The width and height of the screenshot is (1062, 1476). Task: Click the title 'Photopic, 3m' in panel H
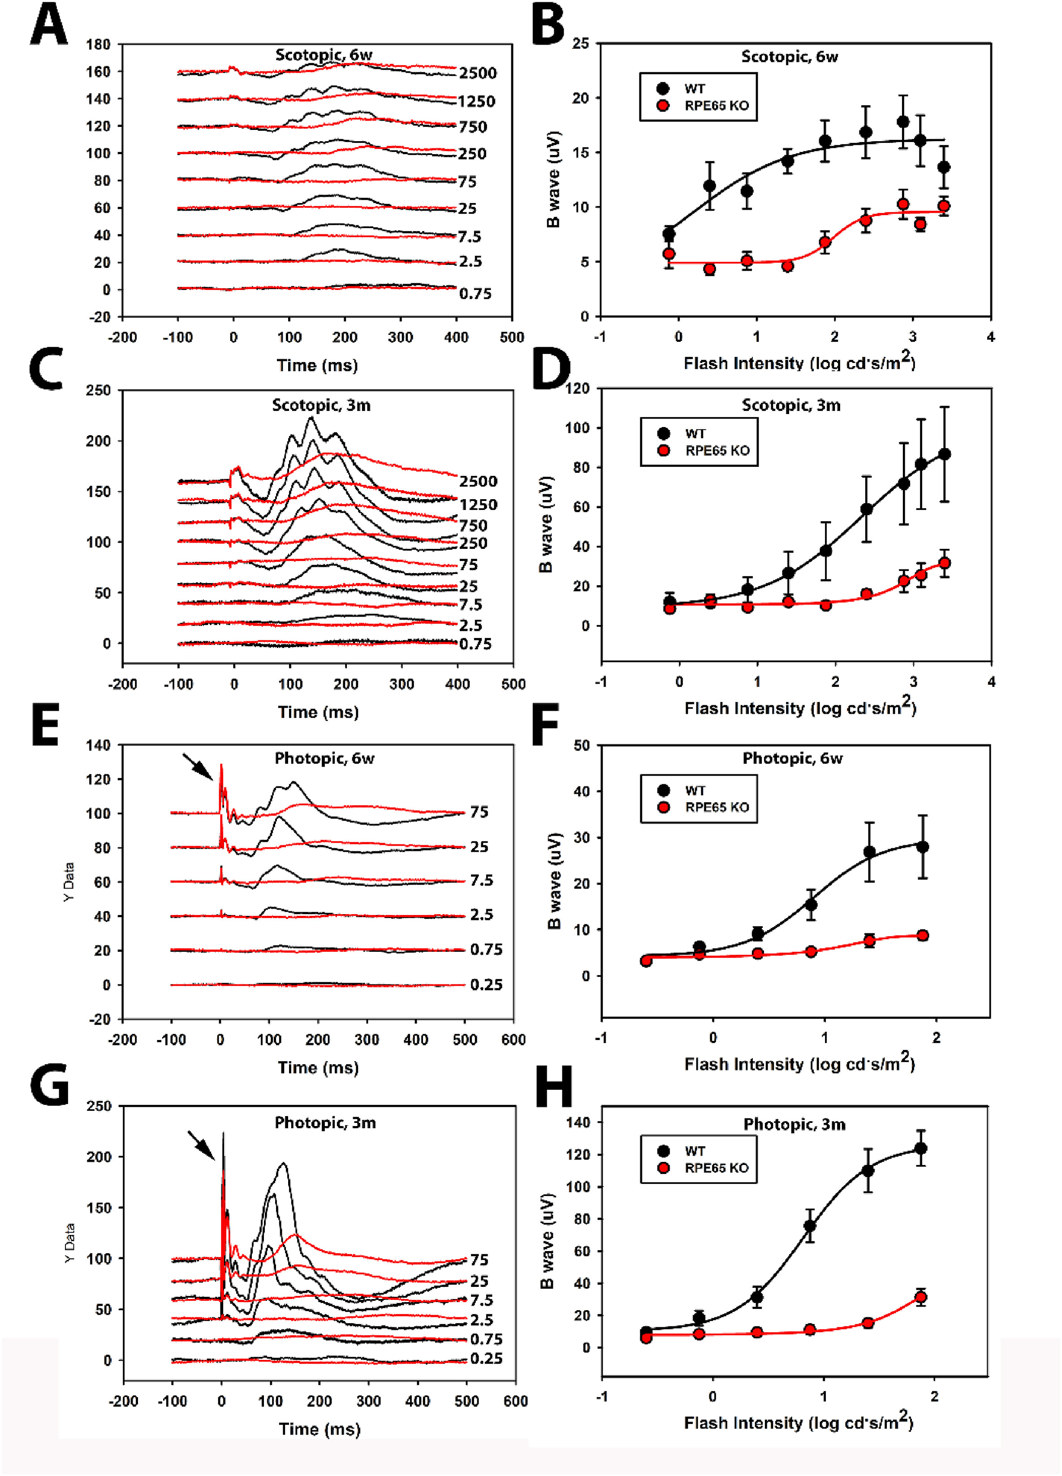[x=794, y=1125]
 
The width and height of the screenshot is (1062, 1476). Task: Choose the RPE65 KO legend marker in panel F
[x=664, y=807]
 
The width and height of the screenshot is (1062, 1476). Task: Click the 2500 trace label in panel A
[x=478, y=73]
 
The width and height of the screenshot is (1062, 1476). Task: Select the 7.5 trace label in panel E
[x=482, y=880]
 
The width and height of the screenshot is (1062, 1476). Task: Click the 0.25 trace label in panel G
[x=486, y=1359]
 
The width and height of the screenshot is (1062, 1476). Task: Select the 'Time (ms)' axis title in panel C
[x=318, y=712]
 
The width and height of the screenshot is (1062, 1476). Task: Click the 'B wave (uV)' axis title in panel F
[x=554, y=880]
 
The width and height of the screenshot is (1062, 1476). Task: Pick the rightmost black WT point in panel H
[x=921, y=1148]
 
